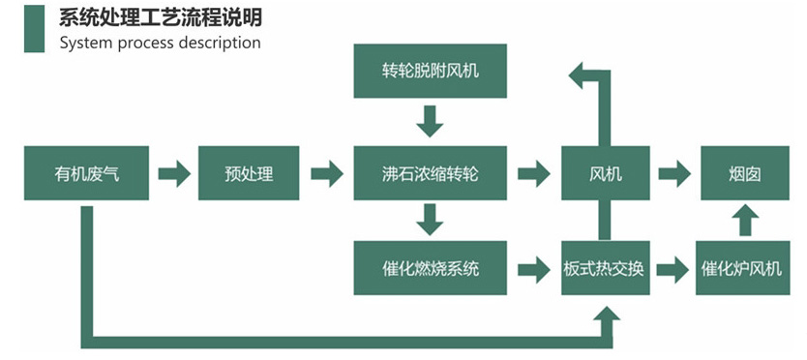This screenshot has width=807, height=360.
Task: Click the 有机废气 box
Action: click(87, 174)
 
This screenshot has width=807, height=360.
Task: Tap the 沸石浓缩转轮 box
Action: click(430, 174)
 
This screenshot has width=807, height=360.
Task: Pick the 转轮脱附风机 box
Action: click(430, 70)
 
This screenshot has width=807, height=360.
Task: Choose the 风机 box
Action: click(605, 174)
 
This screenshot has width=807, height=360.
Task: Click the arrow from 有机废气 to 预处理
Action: click(174, 174)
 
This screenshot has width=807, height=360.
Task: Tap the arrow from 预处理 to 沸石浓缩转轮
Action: click(327, 174)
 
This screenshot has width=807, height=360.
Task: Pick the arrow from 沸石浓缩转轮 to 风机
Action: click(534, 174)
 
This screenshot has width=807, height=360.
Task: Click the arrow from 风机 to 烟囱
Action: click(674, 174)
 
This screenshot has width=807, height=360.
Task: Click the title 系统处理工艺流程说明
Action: click(160, 18)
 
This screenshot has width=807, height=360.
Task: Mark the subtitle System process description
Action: click(160, 43)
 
